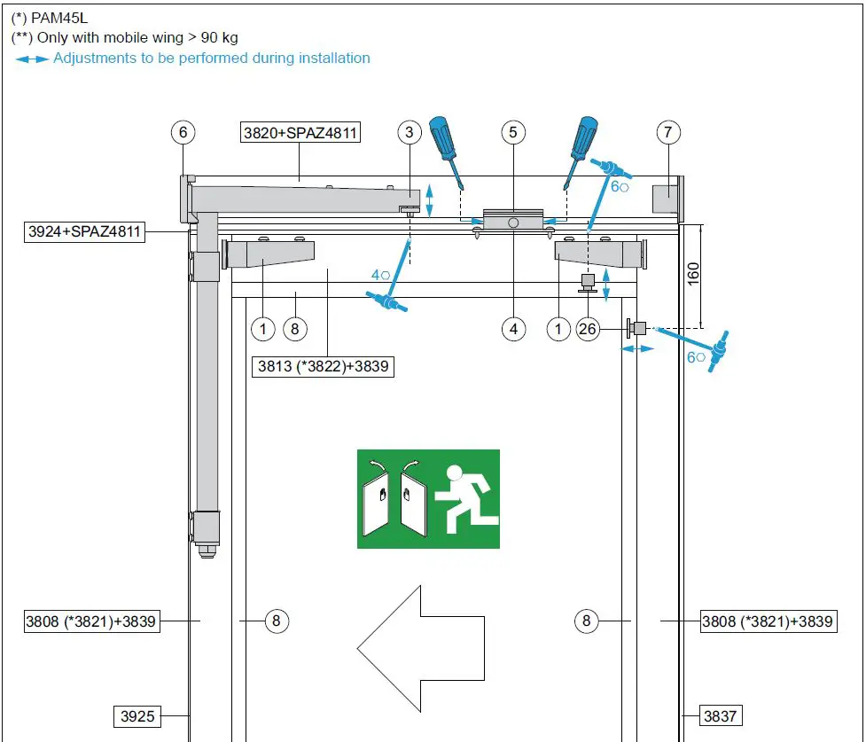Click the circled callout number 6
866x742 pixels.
click(183, 133)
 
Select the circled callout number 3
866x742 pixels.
click(409, 133)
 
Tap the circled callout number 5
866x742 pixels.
click(513, 133)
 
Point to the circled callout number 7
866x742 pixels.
click(668, 133)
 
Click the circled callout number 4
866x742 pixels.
click(513, 330)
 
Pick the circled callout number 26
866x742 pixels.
click(588, 330)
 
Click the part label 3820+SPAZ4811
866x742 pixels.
click(300, 134)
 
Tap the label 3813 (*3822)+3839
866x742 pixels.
click(323, 365)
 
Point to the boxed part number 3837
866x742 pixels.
click(720, 715)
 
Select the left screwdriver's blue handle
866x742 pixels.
click(441, 138)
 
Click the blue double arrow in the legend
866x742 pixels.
click(32, 59)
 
